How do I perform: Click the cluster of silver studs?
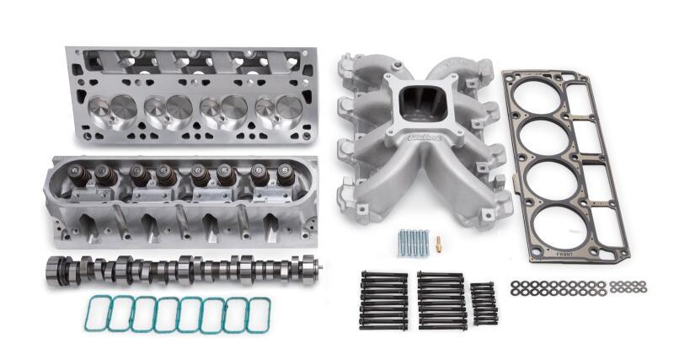[414, 243]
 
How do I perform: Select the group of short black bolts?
[482, 302]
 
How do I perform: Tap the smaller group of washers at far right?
[628, 287]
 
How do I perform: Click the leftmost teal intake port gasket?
[98, 314]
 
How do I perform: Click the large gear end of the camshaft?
[57, 271]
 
